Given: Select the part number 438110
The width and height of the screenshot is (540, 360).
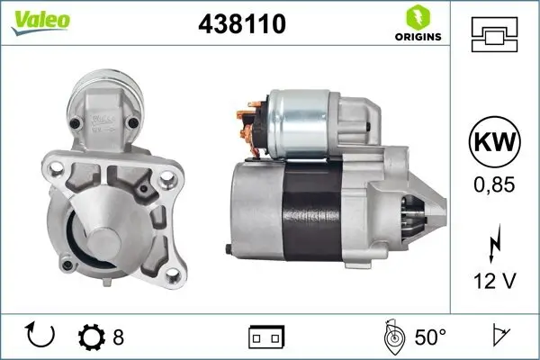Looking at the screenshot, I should coord(241,24).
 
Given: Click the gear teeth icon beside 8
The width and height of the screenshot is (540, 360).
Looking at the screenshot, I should coord(92,337).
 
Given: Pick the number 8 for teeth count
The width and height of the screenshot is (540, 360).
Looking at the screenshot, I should coord(118,337).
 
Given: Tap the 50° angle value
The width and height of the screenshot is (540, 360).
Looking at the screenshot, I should coord(430,337).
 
